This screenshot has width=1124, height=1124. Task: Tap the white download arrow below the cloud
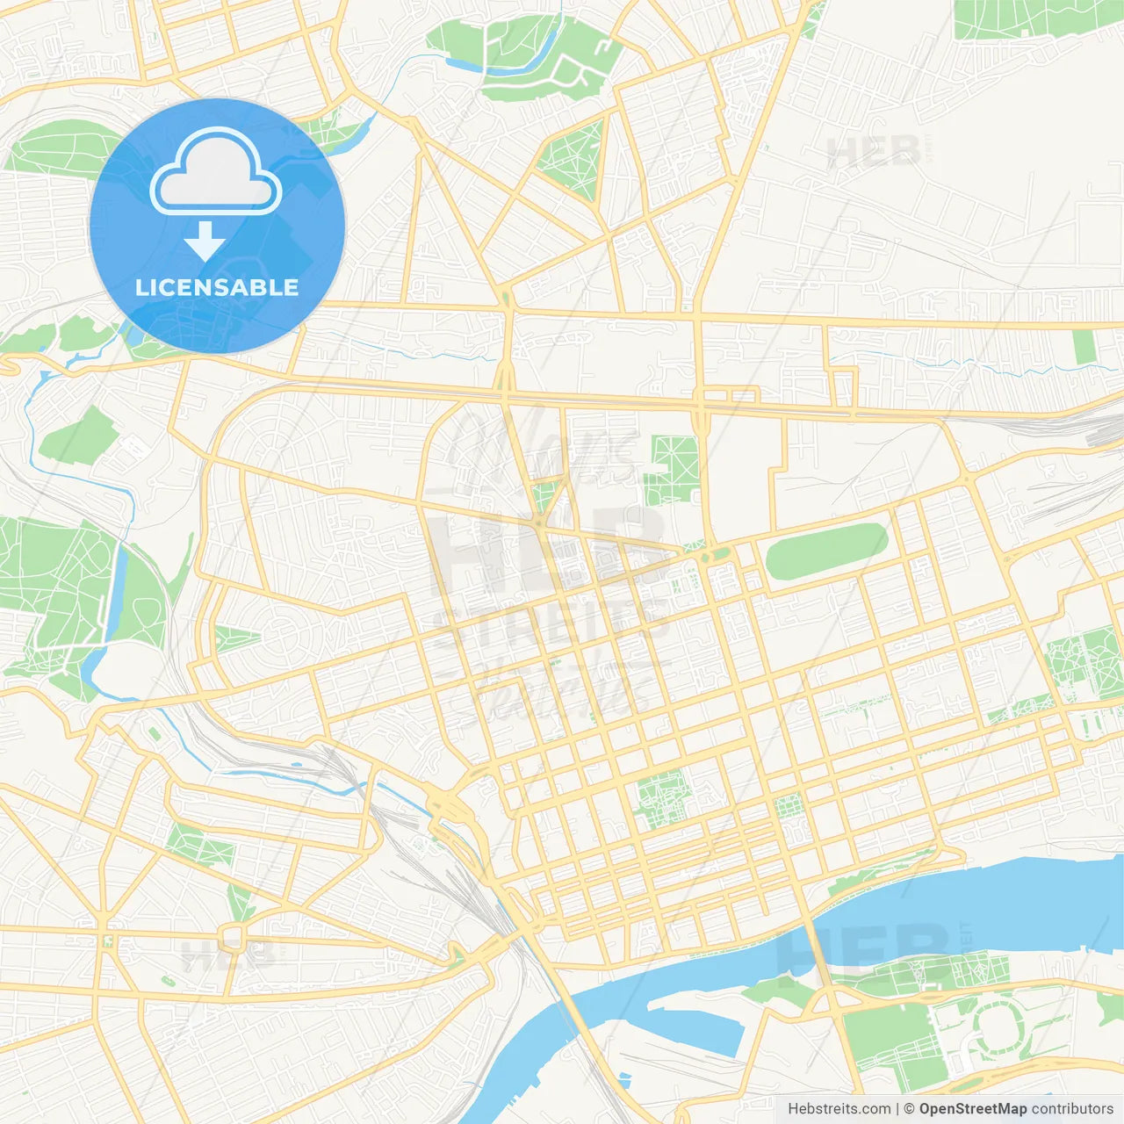point(205,241)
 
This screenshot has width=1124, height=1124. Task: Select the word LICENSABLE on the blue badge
point(217,287)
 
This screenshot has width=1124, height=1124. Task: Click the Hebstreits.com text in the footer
point(839,1109)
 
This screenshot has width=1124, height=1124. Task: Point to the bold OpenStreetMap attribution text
point(973,1109)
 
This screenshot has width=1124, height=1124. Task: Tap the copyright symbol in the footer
point(910,1109)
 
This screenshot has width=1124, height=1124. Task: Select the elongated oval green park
point(825,551)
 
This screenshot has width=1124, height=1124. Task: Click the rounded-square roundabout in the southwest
point(234,934)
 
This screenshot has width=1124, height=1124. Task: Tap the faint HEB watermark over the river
point(865,948)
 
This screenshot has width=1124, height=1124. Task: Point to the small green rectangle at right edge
point(1084,346)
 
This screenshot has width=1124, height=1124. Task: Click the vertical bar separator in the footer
point(899,1109)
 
